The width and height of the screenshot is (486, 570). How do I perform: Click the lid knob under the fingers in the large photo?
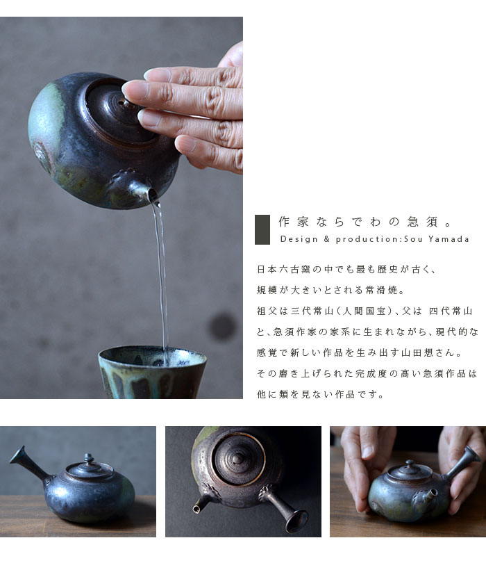pos(124,102)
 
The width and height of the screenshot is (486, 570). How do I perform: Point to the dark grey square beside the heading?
pos(262,229)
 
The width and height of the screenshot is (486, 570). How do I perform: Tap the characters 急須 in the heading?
pos(422,221)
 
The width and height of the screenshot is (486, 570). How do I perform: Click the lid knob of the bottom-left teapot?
pos(89,458)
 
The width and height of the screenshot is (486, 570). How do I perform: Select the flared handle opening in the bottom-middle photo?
pos(297,521)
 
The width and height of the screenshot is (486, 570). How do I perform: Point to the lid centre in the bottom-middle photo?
pos(237,459)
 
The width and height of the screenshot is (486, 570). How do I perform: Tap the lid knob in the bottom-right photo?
pos(410,464)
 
